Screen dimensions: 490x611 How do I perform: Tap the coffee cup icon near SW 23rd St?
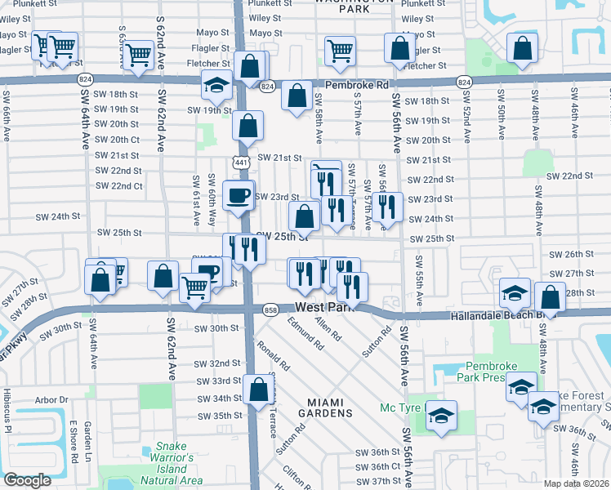pos(239,196)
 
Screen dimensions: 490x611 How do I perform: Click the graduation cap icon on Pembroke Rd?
pos(217,85)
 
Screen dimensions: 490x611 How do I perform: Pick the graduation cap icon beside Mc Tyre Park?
pos(441,417)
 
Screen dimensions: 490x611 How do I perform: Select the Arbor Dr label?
pos(51,400)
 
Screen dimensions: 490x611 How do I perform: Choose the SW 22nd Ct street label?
pos(119,185)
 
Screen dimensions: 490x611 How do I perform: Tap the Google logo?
pos(28,479)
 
